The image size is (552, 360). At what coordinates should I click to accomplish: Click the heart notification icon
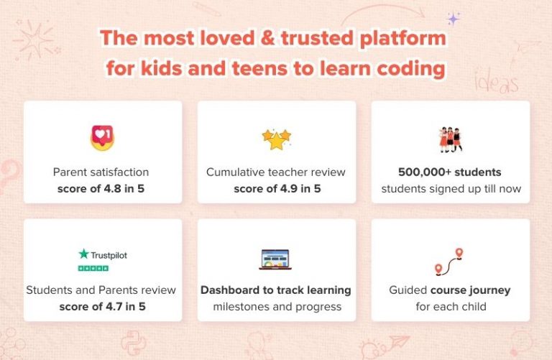pos(103,137)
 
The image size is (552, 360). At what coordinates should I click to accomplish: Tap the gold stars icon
pos(276,138)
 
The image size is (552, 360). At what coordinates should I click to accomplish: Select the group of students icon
pos(450,139)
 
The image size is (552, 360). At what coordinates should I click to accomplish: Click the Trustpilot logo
pos(103,254)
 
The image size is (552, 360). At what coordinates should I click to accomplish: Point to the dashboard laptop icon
pos(276,259)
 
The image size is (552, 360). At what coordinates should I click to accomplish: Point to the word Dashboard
pos(236,290)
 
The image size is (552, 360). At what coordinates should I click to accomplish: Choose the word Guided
pos(408,290)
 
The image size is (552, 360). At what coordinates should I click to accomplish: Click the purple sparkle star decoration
pos(453,18)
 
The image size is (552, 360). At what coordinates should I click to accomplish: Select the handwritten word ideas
pos(496,83)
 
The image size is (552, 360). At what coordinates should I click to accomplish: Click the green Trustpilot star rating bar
pos(93,268)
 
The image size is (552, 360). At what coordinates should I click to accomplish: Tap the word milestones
pos(244,307)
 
